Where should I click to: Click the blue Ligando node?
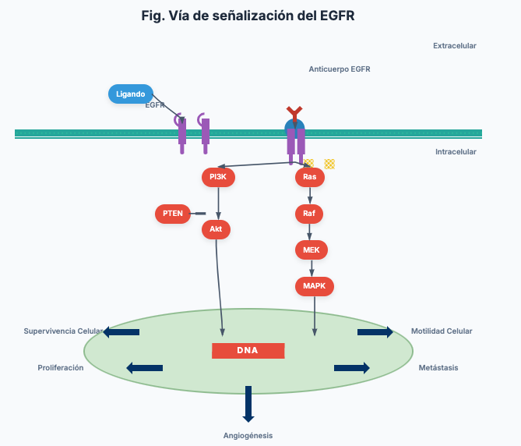coord(131,94)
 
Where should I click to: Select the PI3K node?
coord(218,177)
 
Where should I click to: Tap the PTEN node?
coord(172,213)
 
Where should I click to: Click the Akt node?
coord(216,229)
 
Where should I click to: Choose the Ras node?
coord(309,177)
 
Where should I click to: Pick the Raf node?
coord(308,213)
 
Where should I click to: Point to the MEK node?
coord(312,250)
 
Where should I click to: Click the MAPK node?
coord(314,286)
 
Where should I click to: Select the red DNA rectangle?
coord(248,350)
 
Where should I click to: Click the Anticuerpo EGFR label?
coord(340,69)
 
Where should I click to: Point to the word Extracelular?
coord(454,46)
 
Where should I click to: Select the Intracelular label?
coord(456,152)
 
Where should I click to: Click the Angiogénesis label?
coord(248,435)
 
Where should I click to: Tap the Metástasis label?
coord(438,367)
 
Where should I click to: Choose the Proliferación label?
coord(61,367)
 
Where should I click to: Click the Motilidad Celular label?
coord(442,331)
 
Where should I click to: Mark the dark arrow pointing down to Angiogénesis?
coord(248,403)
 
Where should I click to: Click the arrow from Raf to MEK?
coord(310,232)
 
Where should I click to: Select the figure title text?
coord(248,16)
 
